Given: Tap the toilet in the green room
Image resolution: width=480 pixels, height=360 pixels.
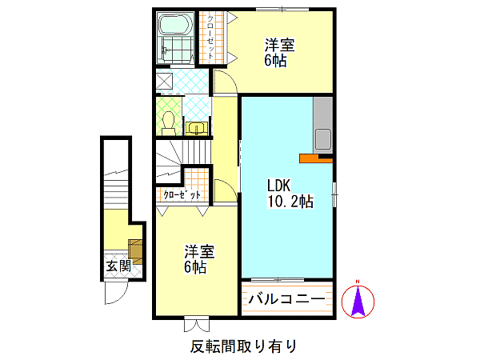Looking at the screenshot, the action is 168,123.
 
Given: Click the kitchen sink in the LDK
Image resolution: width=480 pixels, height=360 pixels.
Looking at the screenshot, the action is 322,139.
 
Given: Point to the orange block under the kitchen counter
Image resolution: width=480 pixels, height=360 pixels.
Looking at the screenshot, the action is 315,158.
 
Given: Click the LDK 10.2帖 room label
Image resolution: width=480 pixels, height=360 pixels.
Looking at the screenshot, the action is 290,194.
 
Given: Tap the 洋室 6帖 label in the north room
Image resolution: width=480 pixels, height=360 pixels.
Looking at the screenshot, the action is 280,52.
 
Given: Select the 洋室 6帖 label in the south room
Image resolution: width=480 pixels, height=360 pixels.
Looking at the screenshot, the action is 199,258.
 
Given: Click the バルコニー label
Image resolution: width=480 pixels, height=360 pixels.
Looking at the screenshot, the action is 287,298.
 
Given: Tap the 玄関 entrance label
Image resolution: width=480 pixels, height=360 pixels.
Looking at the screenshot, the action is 118,266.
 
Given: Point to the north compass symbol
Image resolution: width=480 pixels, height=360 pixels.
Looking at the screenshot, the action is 358,301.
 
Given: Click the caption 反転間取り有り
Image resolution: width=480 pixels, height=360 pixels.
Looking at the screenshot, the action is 244,346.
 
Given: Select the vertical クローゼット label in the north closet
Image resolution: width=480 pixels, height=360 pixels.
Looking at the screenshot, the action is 210,37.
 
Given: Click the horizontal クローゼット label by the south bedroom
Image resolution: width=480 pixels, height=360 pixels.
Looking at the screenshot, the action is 182,194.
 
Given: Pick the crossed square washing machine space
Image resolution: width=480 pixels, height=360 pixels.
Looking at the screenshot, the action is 165,81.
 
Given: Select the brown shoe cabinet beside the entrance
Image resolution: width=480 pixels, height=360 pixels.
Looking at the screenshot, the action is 135,252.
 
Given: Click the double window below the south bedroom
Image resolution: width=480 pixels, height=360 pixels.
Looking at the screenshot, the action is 197,325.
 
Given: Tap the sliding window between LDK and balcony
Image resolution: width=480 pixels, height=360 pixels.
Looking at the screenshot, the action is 278,280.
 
